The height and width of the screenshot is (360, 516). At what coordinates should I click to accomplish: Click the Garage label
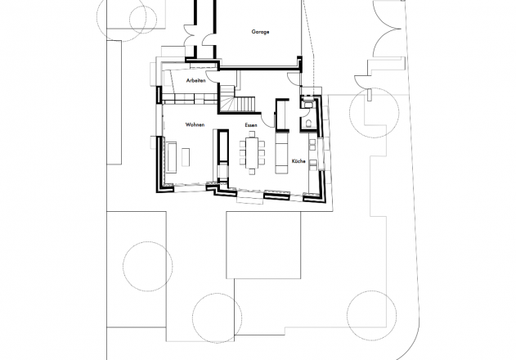[x=260, y=32]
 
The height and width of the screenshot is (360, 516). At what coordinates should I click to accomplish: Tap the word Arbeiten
[x=195, y=81]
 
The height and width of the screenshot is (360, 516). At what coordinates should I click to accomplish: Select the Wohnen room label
[x=195, y=124]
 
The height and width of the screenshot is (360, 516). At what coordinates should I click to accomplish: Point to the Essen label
[x=251, y=125]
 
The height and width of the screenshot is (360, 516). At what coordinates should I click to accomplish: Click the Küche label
[x=298, y=161]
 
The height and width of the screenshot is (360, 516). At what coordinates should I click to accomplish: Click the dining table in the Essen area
[x=252, y=153]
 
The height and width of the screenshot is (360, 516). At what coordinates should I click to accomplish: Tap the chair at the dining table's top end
[x=252, y=134]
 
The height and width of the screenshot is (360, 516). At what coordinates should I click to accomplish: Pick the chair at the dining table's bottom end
[x=252, y=172]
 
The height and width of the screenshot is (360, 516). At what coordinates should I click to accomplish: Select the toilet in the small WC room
[x=309, y=124]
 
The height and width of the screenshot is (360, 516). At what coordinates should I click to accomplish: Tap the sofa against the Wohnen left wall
[x=171, y=157]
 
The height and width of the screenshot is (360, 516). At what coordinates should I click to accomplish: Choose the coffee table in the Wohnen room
[x=186, y=157]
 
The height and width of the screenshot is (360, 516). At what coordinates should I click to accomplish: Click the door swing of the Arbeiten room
[x=211, y=77]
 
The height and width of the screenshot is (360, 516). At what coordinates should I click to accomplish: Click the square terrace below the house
[x=263, y=245]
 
